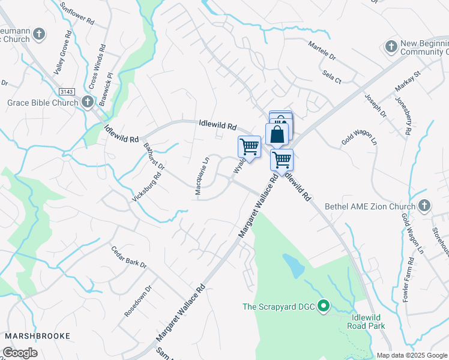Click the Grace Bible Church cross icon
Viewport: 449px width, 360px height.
pos(88,102)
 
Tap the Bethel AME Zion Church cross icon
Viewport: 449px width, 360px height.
pos(424,206)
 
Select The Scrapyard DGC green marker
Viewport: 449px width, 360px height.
pos(324,307)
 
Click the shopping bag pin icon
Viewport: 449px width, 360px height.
pos(277,134)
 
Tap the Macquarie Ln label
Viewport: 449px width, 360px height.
pos(202,176)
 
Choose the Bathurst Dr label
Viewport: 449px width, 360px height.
pos(152,155)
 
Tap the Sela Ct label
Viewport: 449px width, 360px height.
pos(331,76)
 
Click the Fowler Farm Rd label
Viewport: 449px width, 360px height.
pos(410,278)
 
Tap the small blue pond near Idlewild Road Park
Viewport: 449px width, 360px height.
pos(293,265)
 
